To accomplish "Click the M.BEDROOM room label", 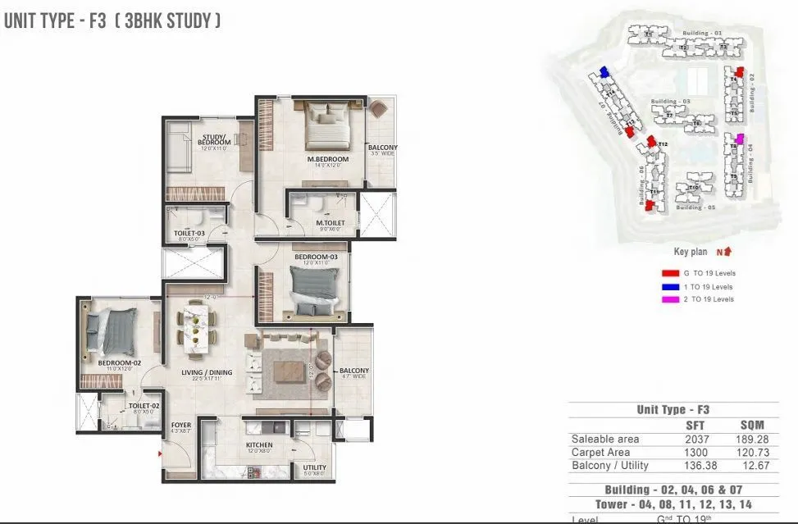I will (x=328, y=159).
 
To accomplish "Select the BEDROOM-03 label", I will (x=317, y=257).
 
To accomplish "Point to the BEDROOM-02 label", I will (x=121, y=362).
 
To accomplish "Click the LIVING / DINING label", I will (x=207, y=372).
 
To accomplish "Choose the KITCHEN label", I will (x=259, y=445).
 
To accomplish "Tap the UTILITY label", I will (x=314, y=467).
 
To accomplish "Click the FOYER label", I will (x=181, y=426).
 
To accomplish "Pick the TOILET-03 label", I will (x=189, y=234).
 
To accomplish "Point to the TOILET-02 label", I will (x=144, y=406).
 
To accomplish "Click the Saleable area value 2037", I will (x=695, y=440).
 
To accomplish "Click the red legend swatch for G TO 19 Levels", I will (x=668, y=273).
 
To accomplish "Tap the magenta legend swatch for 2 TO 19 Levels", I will (x=668, y=300).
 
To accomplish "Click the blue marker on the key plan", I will (x=604, y=72).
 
